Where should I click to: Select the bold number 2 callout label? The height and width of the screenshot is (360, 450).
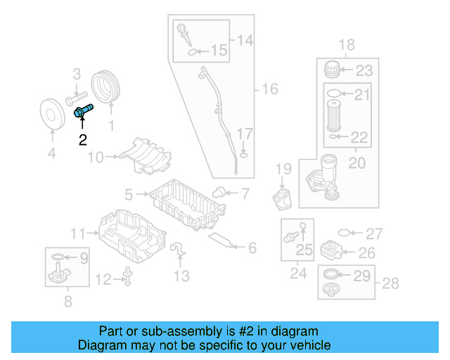(83, 139)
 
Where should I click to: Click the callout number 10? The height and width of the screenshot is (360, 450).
(94, 157)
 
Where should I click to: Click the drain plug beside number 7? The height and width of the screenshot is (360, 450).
(219, 192)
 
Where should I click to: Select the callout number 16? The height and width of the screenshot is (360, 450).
(270, 89)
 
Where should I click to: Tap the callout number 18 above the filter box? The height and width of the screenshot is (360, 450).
(347, 46)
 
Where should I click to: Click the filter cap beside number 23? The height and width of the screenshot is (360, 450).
(332, 70)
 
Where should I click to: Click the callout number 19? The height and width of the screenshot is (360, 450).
(283, 169)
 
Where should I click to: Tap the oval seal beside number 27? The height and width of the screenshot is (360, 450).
(344, 233)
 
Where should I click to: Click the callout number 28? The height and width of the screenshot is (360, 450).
(390, 283)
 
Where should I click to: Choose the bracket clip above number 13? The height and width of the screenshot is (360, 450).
(179, 250)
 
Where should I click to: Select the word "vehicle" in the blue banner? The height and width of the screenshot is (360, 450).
(307, 345)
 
